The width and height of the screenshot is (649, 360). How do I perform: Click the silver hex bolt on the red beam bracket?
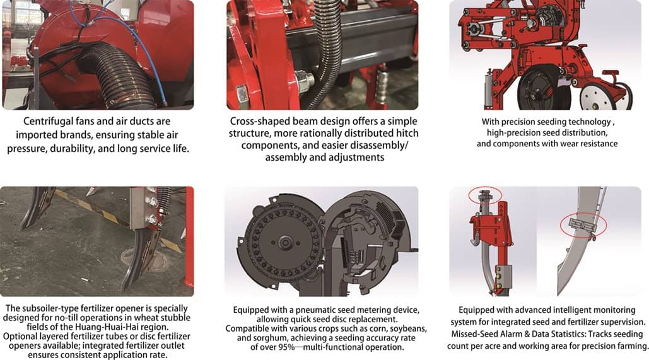pyautogui.click(x=305, y=81)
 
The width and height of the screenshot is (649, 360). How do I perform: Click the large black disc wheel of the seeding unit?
pyautogui.click(x=543, y=89)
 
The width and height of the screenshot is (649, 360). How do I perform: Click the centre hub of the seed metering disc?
pyautogui.click(x=285, y=241)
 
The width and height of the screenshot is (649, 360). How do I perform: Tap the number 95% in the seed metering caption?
pyautogui.click(x=286, y=347)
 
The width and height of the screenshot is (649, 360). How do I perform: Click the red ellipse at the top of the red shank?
pyautogui.click(x=484, y=194)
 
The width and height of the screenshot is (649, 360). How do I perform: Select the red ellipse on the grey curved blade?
pyautogui.click(x=583, y=226)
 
